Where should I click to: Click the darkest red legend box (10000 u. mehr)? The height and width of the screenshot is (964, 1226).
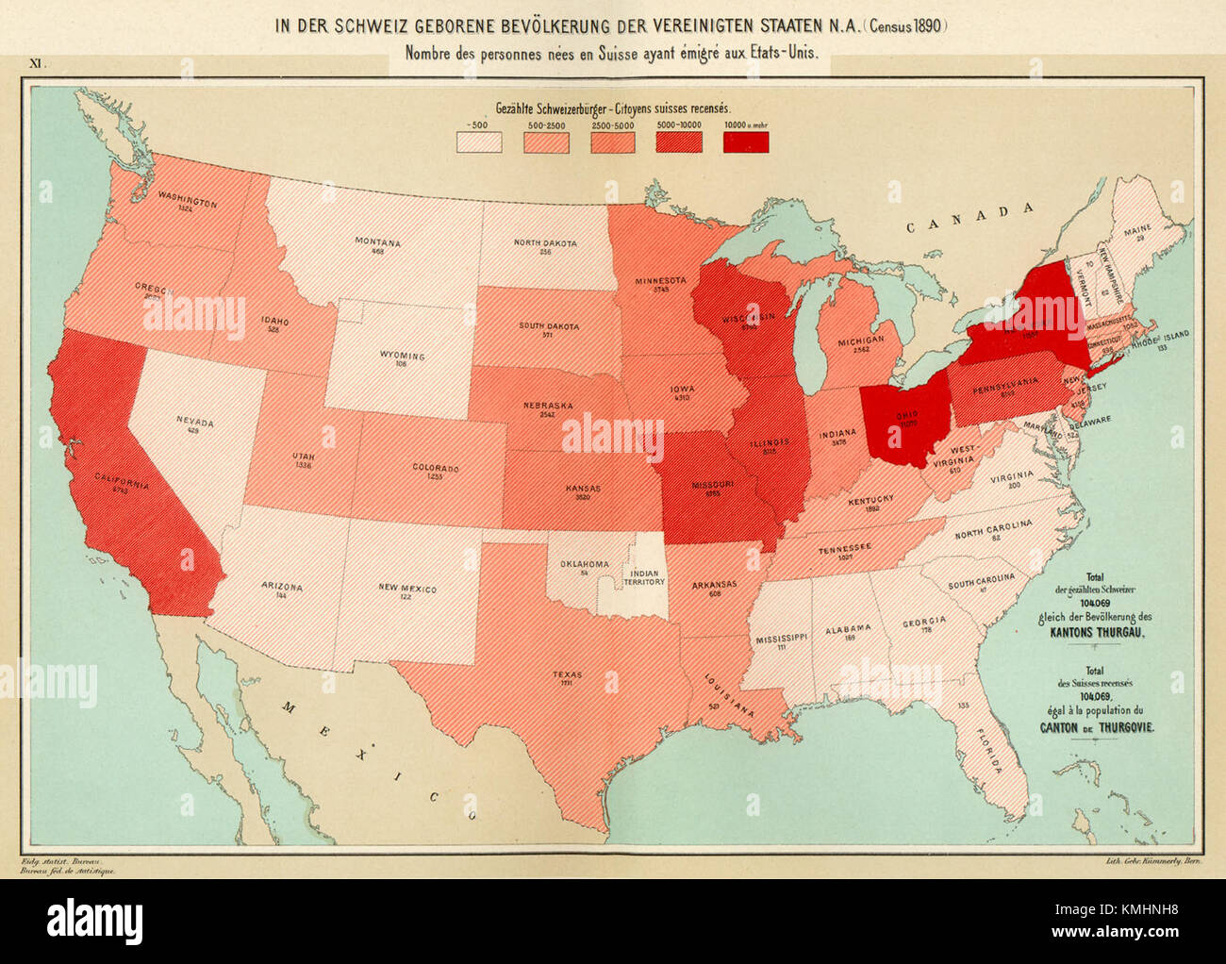coord(745,141)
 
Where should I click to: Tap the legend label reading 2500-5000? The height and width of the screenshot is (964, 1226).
coord(613,124)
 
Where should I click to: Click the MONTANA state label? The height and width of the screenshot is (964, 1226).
coord(377,242)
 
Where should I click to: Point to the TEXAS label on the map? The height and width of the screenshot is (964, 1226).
coord(567,674)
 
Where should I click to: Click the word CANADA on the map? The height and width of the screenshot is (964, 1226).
coord(970,217)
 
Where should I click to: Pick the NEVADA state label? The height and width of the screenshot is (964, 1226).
coord(194,423)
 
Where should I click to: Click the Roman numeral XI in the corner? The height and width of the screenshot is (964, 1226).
coord(37,64)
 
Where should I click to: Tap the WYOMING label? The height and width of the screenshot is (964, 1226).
coord(403,357)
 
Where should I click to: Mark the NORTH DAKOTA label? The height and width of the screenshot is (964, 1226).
coord(545,243)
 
